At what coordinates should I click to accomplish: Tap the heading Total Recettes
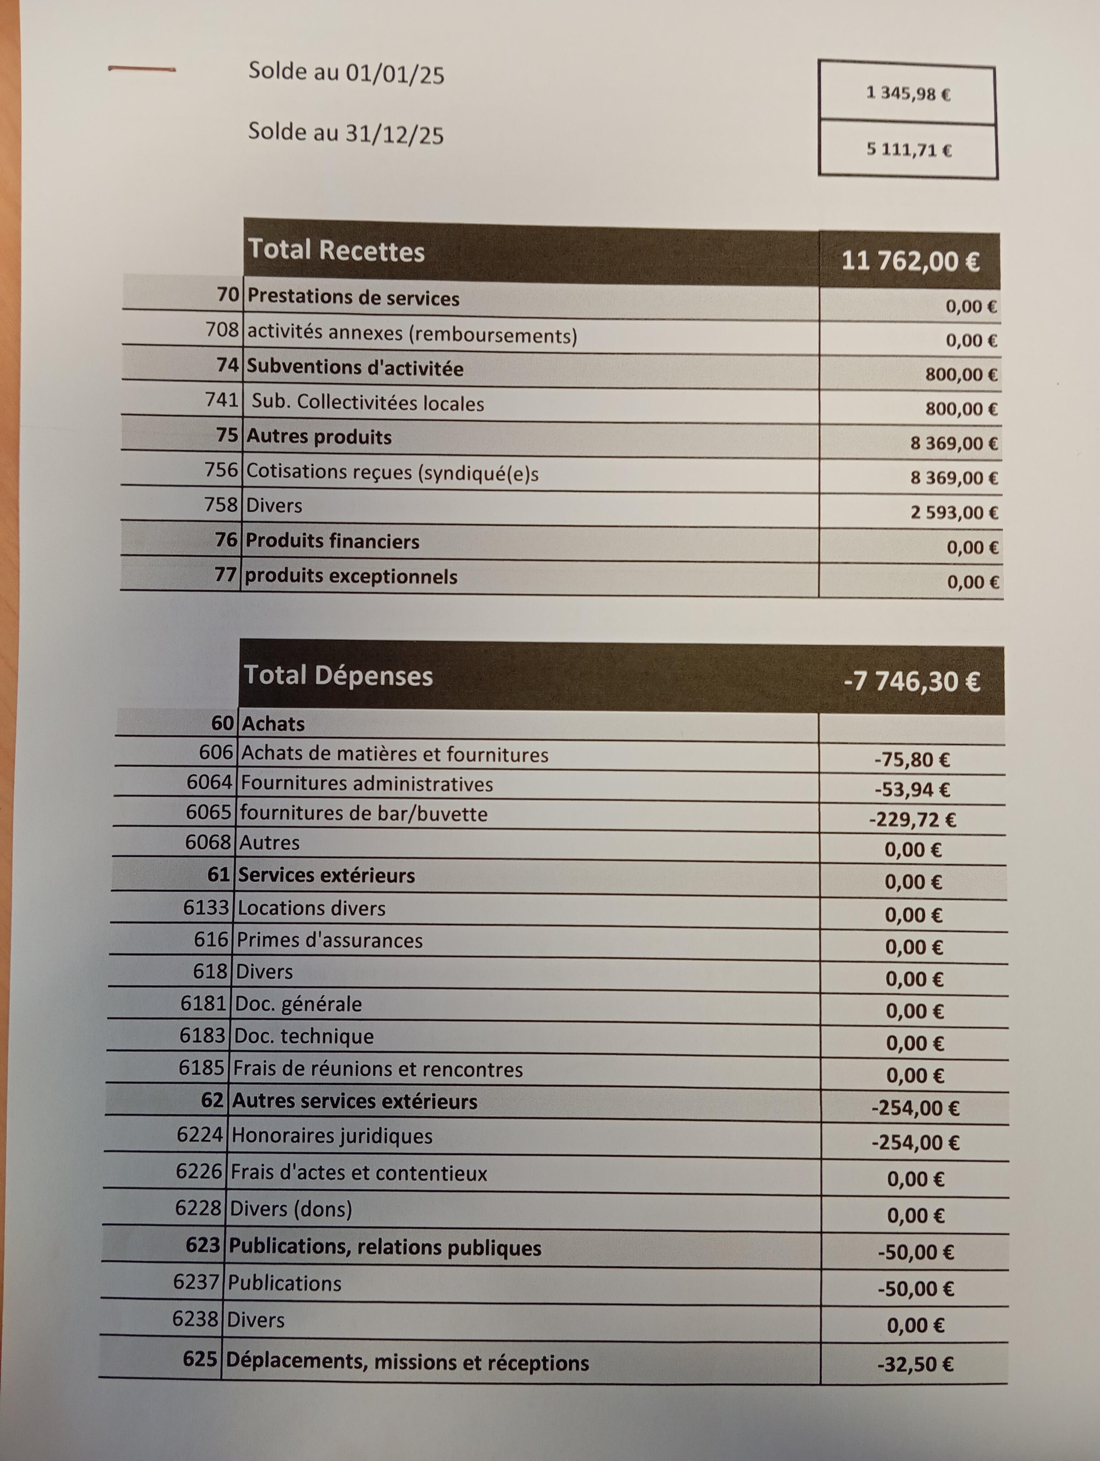click(x=336, y=251)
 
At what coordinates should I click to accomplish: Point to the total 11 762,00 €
click(x=910, y=261)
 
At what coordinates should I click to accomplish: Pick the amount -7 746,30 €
click(x=911, y=681)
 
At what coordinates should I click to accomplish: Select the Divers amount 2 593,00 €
click(x=954, y=512)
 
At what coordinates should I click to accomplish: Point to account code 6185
click(x=201, y=1068)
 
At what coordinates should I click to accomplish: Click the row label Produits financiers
click(x=332, y=541)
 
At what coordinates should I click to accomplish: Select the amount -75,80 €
click(x=912, y=760)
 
